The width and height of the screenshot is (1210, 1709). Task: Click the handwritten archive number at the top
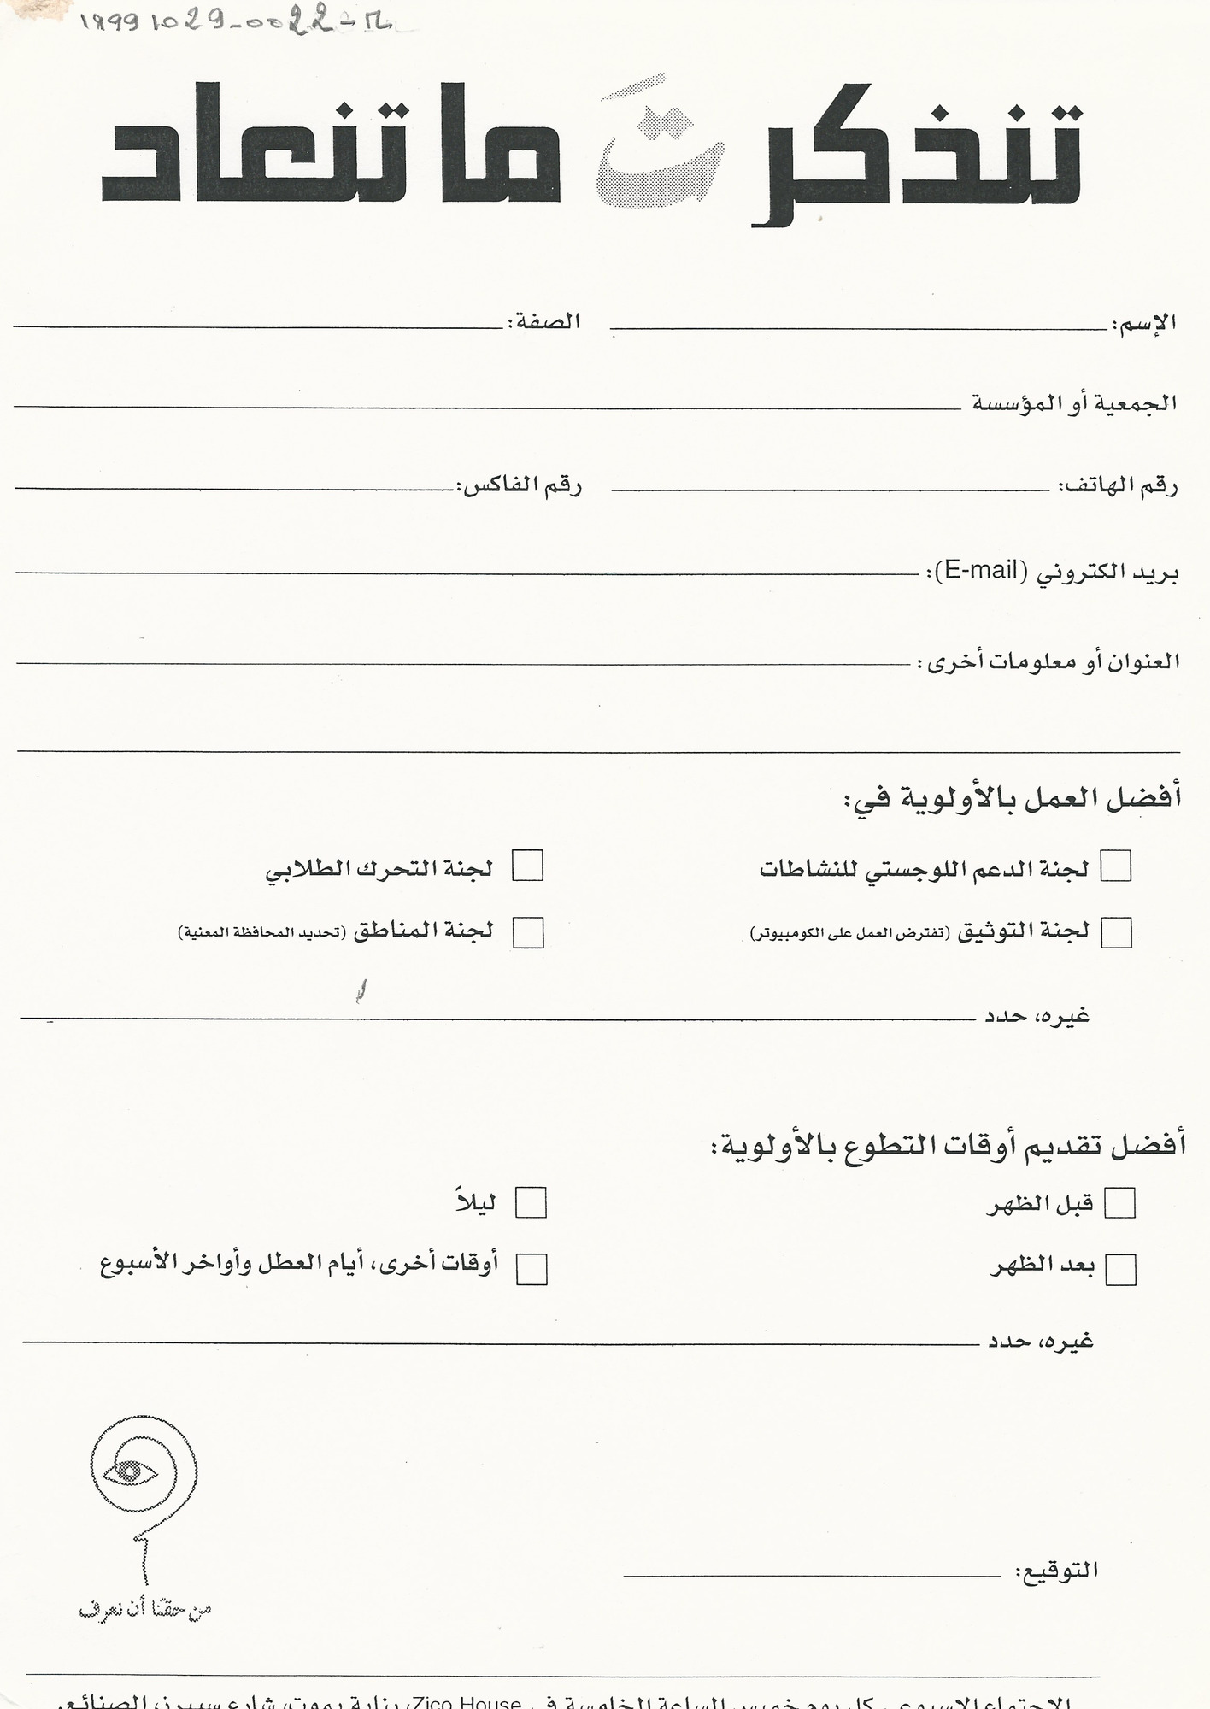pyautogui.click(x=235, y=23)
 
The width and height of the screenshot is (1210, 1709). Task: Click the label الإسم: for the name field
pyautogui.click(x=1145, y=324)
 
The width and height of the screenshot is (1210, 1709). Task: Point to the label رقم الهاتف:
pyautogui.click(x=1119, y=487)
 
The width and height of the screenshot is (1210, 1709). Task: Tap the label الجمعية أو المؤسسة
pyautogui.click(x=1074, y=403)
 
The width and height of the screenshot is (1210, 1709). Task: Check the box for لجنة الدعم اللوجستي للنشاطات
pyautogui.click(x=1115, y=866)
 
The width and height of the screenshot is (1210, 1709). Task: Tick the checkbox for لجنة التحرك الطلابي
pyautogui.click(x=527, y=866)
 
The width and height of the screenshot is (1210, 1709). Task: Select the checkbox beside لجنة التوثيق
pyautogui.click(x=1116, y=932)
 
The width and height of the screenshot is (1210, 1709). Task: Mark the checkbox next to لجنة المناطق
pyautogui.click(x=528, y=932)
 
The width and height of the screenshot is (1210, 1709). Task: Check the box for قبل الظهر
pyautogui.click(x=1119, y=1203)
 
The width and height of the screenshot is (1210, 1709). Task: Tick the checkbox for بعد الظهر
pyautogui.click(x=1120, y=1270)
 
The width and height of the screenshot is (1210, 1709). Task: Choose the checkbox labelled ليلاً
pyautogui.click(x=531, y=1203)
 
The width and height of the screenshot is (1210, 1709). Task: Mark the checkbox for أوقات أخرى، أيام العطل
pyautogui.click(x=532, y=1270)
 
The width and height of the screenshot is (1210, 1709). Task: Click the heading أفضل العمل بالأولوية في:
pyautogui.click(x=1013, y=800)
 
